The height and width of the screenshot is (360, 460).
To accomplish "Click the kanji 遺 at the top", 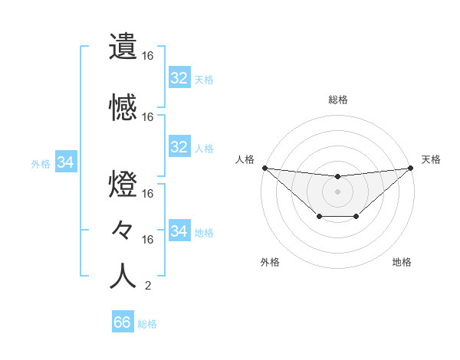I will coord(123,47).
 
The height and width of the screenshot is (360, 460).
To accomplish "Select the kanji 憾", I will coord(123,107).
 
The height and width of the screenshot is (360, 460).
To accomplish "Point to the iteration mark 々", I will coord(123,229).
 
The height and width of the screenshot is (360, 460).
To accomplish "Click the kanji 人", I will coord(123,276).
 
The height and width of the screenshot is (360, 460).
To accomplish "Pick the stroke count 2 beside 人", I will coord(147,286).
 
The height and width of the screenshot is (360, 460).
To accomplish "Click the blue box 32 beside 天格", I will coord(179,78).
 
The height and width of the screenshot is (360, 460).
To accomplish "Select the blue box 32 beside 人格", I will coord(179,147).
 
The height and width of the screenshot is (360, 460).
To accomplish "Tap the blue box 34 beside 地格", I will coord(179,231).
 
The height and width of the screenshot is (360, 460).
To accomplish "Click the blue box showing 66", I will coord(122,322).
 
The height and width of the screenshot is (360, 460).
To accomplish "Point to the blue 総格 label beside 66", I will coord(147,324).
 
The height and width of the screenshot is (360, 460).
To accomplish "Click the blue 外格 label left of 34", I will coord(41,163).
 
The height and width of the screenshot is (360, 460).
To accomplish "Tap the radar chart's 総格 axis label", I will coord(337,100).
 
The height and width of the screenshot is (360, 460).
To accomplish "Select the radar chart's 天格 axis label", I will coord(431,159).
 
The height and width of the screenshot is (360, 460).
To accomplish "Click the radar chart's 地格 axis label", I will coord(402,262).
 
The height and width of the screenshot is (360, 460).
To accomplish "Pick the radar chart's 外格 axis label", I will coord(270,262).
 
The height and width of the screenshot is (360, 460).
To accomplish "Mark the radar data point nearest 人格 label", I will coord(264,168).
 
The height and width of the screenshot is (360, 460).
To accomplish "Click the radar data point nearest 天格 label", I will coord(411,168).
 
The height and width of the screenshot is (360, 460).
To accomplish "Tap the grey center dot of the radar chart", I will coord(337,191).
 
